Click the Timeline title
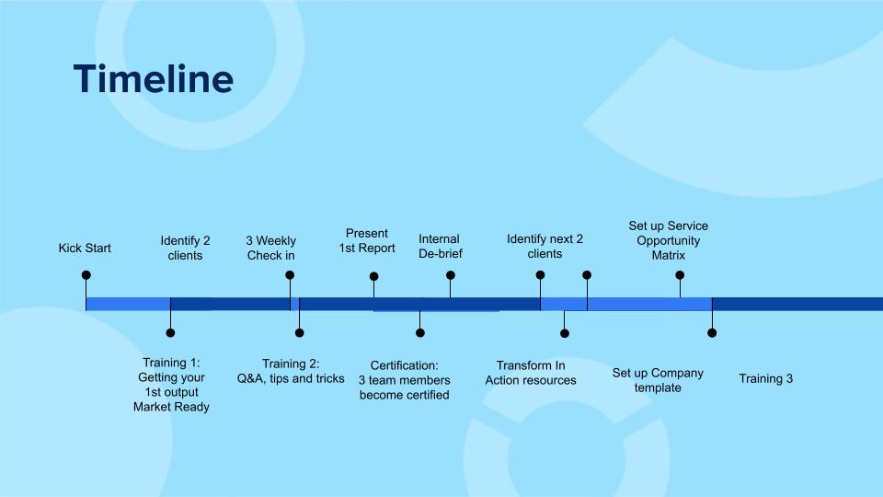pos(153,79)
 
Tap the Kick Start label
pos(85,248)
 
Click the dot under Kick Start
pos(86,275)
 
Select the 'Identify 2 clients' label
pos(185,248)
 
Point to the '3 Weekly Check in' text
pos(270,248)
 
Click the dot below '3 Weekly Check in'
pos(290,275)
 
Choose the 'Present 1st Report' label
pos(367,241)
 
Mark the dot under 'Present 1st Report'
pos(373,276)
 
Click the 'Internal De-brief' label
pos(439,247)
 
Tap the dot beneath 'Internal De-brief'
pos(451,275)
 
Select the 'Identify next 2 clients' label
pos(545,247)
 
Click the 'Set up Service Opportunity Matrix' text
pos(669,240)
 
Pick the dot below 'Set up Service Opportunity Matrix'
pos(680,275)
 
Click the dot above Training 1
pos(170,333)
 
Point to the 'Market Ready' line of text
pos(171,407)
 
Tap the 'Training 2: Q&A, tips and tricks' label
pos(291,371)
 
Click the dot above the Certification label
pos(419,333)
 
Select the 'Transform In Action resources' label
pos(531,373)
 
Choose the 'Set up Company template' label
pos(658,380)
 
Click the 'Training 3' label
pos(765,378)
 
